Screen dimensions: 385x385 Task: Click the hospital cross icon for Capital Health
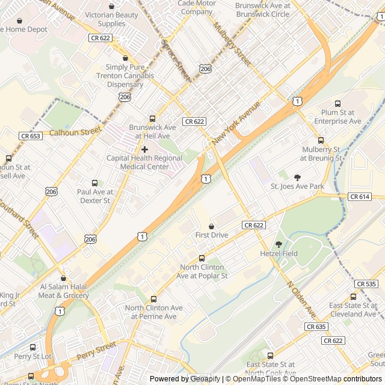(x=144, y=149)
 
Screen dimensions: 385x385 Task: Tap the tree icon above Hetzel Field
(x=279, y=244)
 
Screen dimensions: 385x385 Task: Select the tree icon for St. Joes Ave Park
(x=297, y=177)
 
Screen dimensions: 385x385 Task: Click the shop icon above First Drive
(x=211, y=226)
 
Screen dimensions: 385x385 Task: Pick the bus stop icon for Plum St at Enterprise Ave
(x=337, y=103)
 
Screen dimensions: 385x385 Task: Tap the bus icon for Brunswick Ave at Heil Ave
(x=152, y=119)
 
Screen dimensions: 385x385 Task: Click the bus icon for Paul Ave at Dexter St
(x=94, y=183)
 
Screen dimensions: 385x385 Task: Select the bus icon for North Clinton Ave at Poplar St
(x=202, y=258)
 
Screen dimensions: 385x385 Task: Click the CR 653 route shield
(x=31, y=136)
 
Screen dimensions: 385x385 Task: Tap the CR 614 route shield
(x=359, y=197)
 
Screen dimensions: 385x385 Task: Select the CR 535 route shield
(x=366, y=283)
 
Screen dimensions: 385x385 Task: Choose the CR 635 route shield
(x=316, y=327)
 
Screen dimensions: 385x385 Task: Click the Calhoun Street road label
(x=75, y=132)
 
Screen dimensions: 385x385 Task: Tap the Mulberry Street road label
(x=232, y=44)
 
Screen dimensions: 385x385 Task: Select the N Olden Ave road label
(x=301, y=300)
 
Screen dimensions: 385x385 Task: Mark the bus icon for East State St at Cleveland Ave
(x=353, y=297)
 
